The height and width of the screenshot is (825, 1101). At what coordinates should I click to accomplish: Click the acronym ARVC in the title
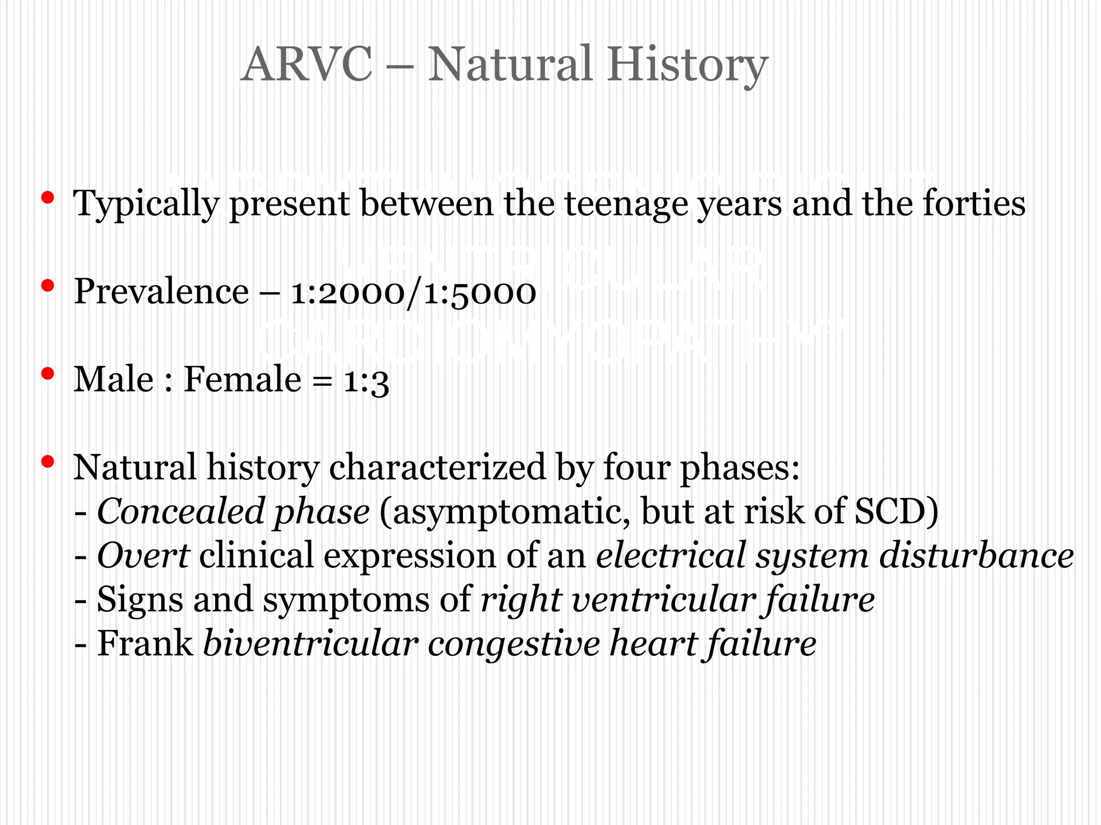pos(306,64)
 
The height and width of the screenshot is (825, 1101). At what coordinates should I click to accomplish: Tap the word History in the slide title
pos(688,64)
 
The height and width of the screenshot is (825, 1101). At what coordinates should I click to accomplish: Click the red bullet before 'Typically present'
pos(47,198)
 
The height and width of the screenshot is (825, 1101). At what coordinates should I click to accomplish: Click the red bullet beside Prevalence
pos(47,286)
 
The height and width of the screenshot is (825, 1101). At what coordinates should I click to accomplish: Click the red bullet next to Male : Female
pos(47,373)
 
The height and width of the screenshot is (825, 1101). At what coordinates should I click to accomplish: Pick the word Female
pos(242,380)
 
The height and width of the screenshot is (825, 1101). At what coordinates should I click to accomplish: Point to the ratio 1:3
pos(366,381)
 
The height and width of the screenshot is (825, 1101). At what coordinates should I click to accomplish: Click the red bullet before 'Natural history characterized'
pos(47,461)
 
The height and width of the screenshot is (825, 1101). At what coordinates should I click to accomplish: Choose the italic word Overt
pos(143,555)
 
